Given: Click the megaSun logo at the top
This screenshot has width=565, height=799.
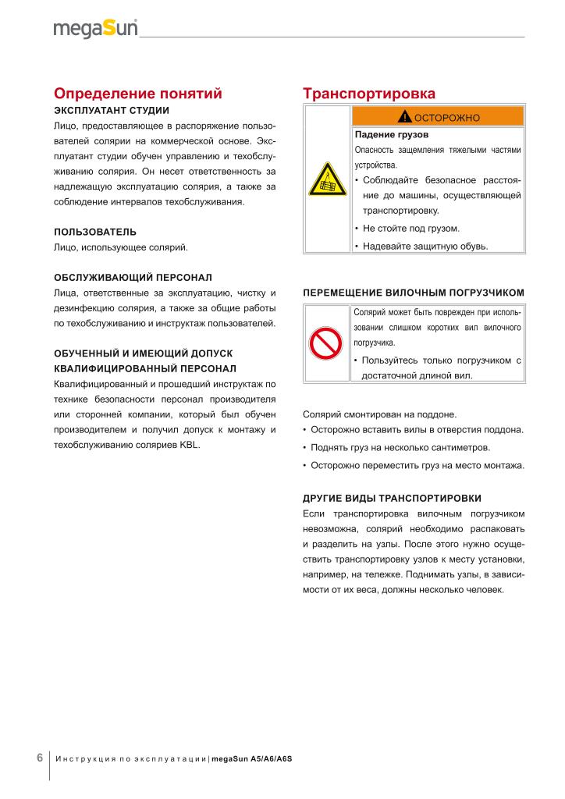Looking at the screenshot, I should pyautogui.click(x=95, y=29).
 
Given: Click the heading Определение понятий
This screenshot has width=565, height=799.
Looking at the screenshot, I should pyautogui.click(x=138, y=94).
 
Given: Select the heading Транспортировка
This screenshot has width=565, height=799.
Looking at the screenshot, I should pyautogui.click(x=369, y=94).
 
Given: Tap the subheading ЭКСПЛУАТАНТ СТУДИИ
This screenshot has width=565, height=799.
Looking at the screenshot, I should pyautogui.click(x=106, y=110).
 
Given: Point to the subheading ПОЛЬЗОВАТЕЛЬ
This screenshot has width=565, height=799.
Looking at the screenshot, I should pyautogui.click(x=95, y=232).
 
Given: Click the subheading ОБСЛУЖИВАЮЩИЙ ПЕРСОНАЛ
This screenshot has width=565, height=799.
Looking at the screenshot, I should pyautogui.click(x=133, y=277).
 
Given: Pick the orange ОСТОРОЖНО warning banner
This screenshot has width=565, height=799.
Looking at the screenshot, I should pyautogui.click(x=438, y=117).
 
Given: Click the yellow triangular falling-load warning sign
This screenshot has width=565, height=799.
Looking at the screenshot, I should pyautogui.click(x=327, y=180).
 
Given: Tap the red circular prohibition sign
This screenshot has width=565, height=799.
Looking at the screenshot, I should pyautogui.click(x=327, y=342).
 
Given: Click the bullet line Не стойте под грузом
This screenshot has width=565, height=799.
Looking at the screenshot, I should pyautogui.click(x=422, y=229).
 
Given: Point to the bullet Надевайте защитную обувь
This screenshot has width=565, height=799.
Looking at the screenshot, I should pyautogui.click(x=425, y=246).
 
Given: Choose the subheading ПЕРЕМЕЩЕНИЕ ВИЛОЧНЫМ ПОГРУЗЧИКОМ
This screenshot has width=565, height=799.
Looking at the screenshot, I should pyautogui.click(x=413, y=293).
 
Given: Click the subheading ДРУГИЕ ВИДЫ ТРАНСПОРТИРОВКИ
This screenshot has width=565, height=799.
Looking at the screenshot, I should pyautogui.click(x=392, y=498).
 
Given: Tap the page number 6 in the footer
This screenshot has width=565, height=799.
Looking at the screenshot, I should pyautogui.click(x=40, y=758).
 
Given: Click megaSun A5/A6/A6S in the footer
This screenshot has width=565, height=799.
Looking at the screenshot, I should pyautogui.click(x=257, y=759).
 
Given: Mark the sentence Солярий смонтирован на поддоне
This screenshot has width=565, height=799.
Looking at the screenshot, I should pyautogui.click(x=379, y=414).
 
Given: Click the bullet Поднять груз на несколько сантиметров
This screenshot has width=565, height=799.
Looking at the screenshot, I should pyautogui.click(x=400, y=448).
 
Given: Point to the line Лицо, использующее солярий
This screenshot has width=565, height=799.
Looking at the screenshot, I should pyautogui.click(x=121, y=247).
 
